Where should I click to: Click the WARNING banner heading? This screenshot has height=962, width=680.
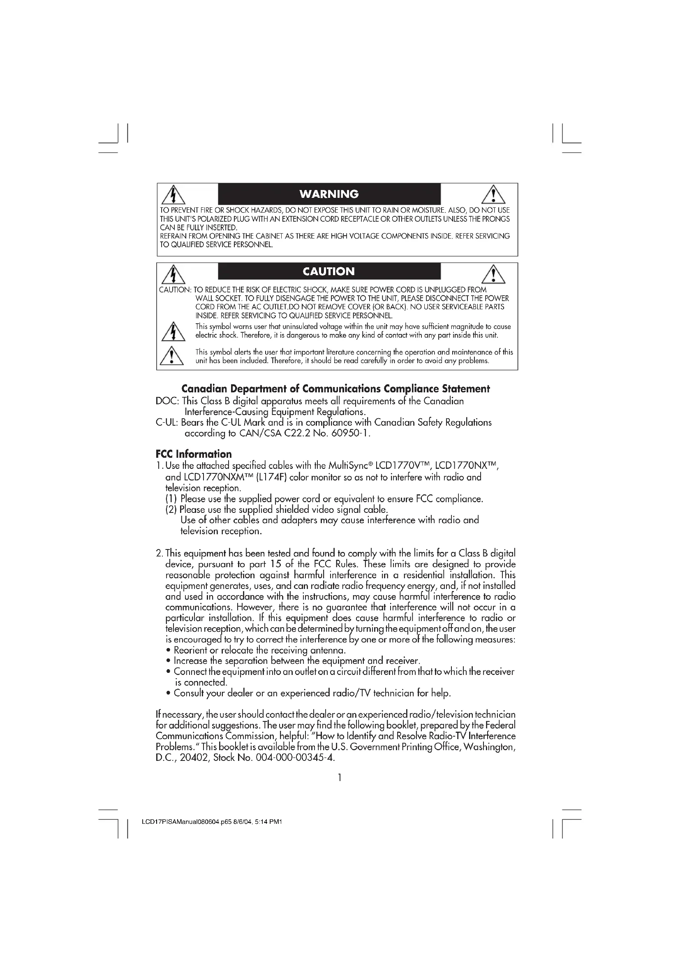[329, 194]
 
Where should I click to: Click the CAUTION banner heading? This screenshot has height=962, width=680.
[329, 271]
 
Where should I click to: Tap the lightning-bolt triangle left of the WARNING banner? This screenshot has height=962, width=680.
[173, 195]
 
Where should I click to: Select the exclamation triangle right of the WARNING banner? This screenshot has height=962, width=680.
[493, 195]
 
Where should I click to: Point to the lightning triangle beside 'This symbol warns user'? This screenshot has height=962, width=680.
[173, 331]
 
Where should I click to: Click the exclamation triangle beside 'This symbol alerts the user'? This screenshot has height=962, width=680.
[172, 356]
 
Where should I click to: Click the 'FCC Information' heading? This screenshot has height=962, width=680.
[194, 454]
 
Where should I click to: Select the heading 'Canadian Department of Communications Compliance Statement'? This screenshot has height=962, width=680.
[335, 389]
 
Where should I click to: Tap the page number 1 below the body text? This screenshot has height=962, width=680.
[340, 778]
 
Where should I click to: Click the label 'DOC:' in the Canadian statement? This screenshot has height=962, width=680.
[167, 401]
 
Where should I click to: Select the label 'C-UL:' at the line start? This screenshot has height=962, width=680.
[167, 422]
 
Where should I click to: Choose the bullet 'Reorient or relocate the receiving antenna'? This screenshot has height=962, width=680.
[259, 650]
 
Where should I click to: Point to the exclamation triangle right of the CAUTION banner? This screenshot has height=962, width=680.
[493, 274]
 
